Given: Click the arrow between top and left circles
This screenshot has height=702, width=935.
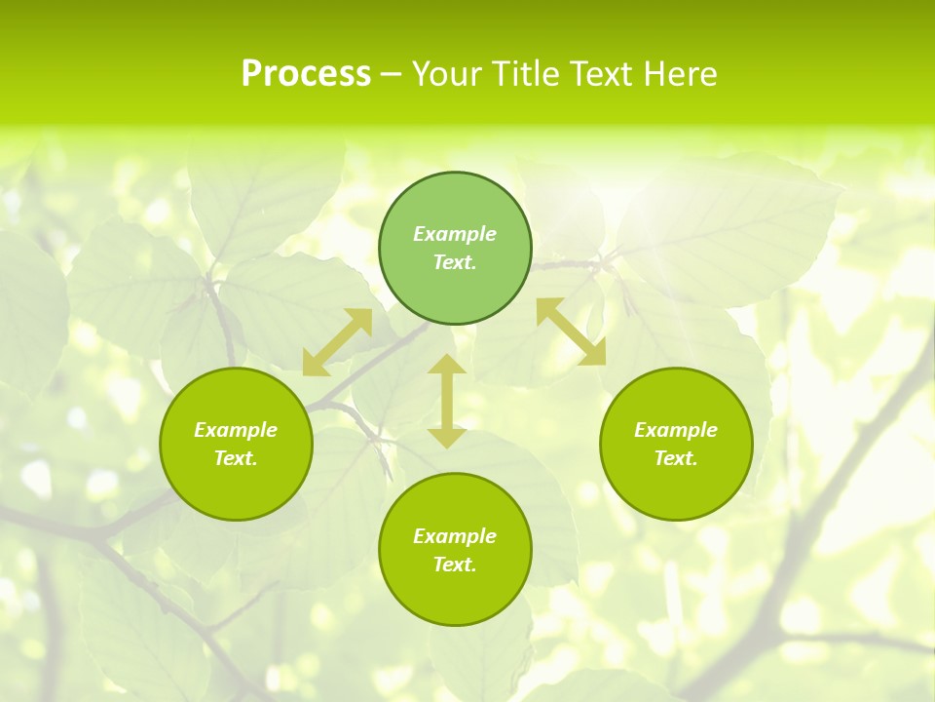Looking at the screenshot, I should pos(337,342).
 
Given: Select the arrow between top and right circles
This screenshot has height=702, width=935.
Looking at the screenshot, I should pos(571,332).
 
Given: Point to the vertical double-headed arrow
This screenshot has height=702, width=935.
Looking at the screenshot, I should pos(447,402).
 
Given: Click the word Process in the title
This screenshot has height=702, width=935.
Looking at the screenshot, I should pos(306,74).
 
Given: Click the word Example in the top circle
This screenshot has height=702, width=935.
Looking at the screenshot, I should pos(455,234).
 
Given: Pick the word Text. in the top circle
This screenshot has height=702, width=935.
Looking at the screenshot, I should pos(455,262).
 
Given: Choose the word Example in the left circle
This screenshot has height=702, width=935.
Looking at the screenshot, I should pos(236,430).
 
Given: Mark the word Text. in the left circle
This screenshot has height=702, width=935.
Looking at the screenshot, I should pos(236,458).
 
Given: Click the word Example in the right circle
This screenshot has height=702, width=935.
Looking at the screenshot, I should pos(676,430).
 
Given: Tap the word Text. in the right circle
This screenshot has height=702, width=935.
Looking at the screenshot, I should pos(676,458).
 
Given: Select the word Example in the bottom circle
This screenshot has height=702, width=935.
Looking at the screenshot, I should pos(455,536).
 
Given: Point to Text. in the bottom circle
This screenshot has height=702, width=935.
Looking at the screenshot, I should pos(455,565).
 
